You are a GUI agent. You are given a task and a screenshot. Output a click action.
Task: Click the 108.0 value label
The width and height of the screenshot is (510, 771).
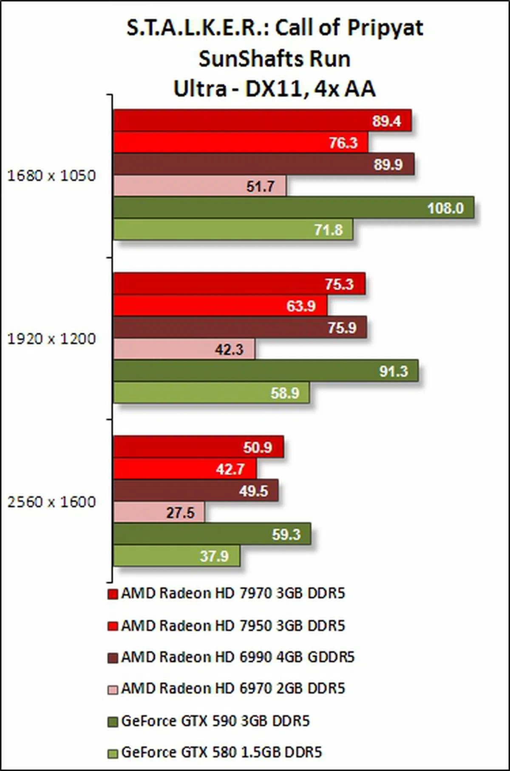(445, 208)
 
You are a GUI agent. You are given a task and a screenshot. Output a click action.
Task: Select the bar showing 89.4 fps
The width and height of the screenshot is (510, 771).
(262, 121)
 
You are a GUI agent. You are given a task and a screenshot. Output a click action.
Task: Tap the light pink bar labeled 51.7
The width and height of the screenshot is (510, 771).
(200, 186)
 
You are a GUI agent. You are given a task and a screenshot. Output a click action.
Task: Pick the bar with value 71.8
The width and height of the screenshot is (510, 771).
(233, 230)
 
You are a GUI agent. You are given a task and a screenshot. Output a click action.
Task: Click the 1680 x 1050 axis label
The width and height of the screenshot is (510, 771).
(51, 176)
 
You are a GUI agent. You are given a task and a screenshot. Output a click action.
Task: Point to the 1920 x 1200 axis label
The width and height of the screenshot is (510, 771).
(51, 339)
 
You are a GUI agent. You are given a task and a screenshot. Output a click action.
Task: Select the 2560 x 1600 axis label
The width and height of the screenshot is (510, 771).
(51, 502)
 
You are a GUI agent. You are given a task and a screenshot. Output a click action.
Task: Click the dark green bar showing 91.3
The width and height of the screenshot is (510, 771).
(266, 371)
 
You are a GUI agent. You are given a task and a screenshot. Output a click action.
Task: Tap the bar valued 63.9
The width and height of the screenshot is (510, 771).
(220, 306)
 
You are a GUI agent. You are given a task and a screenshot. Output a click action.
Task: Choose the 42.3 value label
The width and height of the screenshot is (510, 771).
(229, 349)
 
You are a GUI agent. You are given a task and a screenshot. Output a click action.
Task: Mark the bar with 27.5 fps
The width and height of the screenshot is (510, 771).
(159, 513)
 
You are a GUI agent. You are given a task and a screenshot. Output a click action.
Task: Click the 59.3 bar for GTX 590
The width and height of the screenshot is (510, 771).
(212, 534)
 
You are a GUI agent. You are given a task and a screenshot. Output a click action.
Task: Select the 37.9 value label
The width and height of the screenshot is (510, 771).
(214, 556)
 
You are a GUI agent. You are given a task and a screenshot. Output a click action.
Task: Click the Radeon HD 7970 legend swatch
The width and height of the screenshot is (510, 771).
(113, 594)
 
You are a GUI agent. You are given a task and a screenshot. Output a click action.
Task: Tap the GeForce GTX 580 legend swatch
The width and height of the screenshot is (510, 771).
(113, 753)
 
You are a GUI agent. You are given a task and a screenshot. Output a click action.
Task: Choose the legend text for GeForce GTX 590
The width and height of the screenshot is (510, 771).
(215, 721)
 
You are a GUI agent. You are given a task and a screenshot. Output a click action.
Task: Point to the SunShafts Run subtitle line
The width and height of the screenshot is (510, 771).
(275, 59)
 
